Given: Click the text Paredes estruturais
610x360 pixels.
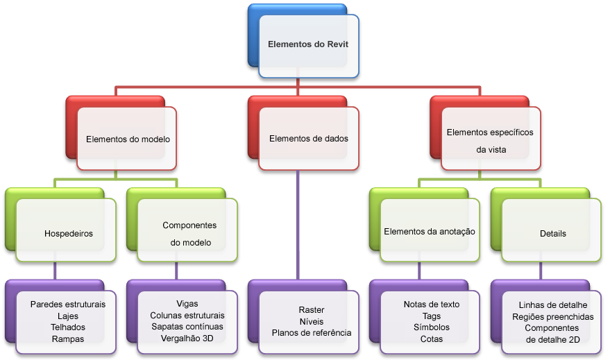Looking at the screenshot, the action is [x=68, y=305].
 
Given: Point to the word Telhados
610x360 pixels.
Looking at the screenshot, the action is [x=68, y=327].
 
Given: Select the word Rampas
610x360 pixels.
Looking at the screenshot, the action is [x=68, y=339].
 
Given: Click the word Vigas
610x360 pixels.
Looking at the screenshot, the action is [x=187, y=304].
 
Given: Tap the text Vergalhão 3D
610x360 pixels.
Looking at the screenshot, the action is [x=187, y=338].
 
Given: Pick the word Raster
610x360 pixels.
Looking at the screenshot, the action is [x=311, y=310].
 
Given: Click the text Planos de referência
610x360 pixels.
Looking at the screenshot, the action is [x=311, y=333].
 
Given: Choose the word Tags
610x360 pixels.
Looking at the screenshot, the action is [x=432, y=316].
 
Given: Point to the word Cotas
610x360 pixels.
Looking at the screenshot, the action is [x=432, y=339].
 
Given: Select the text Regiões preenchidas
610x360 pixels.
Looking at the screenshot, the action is [x=553, y=317].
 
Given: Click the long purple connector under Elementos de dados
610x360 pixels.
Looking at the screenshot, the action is [x=298, y=225].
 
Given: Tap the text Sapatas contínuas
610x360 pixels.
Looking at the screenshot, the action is [x=187, y=327].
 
